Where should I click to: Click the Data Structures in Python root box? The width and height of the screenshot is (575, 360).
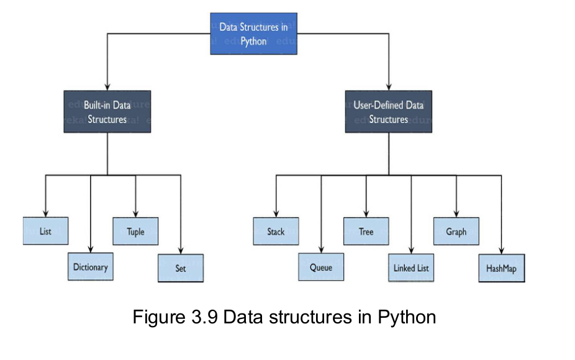click(253, 34)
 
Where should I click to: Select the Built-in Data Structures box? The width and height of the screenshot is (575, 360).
click(107, 112)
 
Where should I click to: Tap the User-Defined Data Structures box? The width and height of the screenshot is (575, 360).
click(389, 112)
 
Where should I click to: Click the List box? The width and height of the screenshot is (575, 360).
click(45, 231)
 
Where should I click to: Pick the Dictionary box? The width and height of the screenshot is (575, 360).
click(91, 267)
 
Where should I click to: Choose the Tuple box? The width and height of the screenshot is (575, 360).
click(135, 231)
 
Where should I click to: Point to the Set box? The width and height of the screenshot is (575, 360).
click(181, 269)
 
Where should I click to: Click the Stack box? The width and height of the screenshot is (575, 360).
click(276, 231)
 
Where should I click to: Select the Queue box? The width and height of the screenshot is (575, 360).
click(321, 268)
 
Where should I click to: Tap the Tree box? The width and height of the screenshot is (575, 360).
click(366, 231)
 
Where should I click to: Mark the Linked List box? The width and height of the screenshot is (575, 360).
click(411, 268)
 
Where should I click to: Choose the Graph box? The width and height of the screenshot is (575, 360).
click(456, 231)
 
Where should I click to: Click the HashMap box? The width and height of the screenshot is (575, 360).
click(502, 268)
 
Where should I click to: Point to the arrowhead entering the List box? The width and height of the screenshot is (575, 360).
click(45, 214)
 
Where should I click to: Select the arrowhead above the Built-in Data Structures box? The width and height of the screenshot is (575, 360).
click(107, 87)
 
